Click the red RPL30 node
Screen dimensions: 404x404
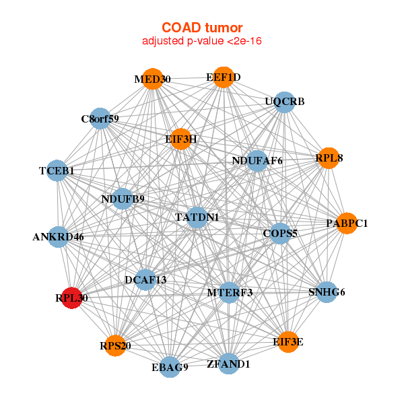coord(72,297)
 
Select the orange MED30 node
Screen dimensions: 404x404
coord(153,79)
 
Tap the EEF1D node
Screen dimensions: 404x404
coord(224,77)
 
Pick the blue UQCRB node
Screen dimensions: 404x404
coord(285,102)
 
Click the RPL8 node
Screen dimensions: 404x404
coord(329,158)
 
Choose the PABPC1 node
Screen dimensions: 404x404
coord(346,223)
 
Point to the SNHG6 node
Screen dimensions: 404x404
coord(327,292)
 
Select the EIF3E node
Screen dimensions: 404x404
coord(288,342)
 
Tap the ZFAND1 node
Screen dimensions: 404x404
coord(229,364)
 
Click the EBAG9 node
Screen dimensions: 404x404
coord(170,367)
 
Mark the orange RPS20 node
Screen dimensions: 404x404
coord(115,345)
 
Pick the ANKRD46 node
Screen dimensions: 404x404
coord(59,236)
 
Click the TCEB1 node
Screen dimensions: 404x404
coord(57,171)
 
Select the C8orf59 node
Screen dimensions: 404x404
coord(100,119)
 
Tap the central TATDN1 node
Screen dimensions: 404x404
coord(197,217)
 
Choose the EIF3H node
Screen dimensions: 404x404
coord(180,139)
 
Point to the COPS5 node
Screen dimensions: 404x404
coord(280,233)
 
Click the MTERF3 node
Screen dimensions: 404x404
coord(230,292)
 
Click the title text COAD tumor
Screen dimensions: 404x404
coord(202,28)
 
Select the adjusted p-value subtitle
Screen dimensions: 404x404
coord(202,42)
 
